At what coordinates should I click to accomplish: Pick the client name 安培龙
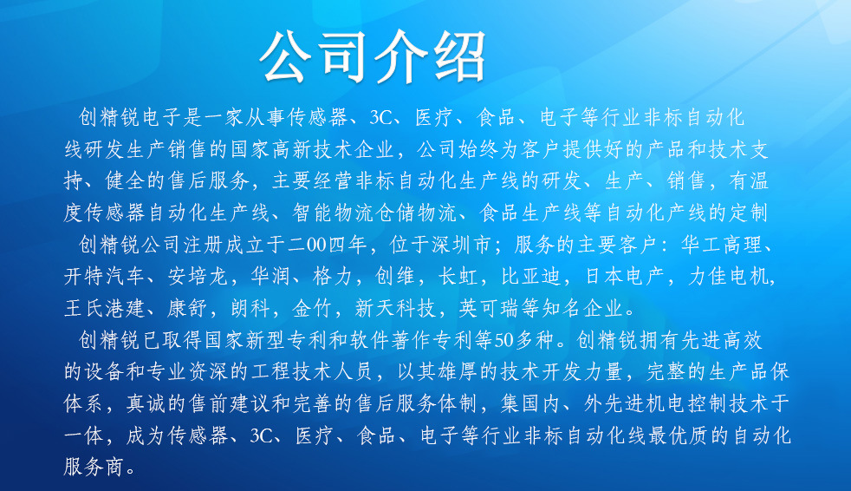tap(197, 277)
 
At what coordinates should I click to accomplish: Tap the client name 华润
tap(272, 277)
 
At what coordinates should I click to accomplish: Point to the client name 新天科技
tap(397, 308)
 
